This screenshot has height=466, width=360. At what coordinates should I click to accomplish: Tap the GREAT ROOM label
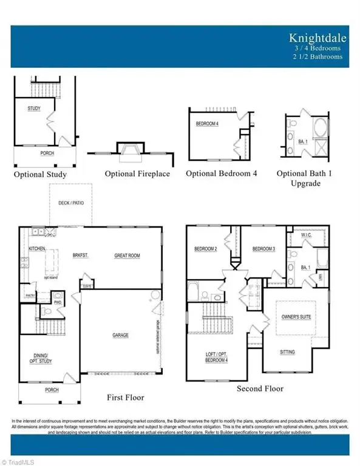127,256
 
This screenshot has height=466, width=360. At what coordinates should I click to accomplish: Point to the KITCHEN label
37,249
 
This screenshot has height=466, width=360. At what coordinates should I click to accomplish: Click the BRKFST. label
81,256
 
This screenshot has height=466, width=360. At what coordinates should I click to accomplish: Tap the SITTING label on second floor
287,352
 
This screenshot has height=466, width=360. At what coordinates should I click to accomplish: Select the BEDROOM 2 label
206,249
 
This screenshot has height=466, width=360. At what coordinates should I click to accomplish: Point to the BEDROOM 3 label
263,249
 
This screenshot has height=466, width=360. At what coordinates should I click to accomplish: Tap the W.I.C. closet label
306,234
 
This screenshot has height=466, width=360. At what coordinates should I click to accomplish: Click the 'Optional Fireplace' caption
137,174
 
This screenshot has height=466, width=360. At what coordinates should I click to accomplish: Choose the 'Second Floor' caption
260,388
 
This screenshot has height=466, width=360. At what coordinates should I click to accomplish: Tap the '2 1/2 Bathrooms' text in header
316,56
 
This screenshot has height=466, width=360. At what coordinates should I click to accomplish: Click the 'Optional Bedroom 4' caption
221,174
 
